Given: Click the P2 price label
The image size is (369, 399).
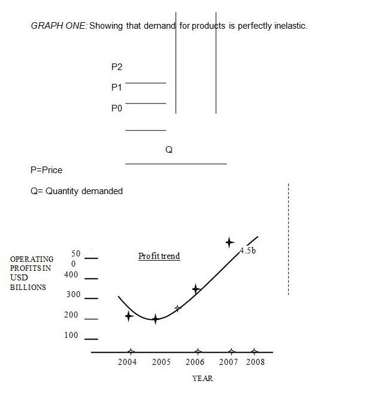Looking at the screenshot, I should (x=117, y=66).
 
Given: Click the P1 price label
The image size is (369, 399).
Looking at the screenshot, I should (x=117, y=87).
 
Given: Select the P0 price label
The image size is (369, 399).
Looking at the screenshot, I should (x=117, y=109).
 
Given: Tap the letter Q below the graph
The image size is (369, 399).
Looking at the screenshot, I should (x=169, y=150).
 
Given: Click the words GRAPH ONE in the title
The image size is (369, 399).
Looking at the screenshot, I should (x=58, y=27).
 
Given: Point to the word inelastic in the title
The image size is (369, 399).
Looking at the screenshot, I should (x=289, y=27).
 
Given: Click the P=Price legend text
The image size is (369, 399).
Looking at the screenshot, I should (x=46, y=170).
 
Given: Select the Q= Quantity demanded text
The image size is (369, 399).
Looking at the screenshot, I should (x=76, y=191).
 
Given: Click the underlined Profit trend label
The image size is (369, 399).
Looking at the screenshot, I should (x=159, y=256).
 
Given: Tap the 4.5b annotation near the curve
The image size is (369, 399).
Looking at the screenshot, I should (x=247, y=250).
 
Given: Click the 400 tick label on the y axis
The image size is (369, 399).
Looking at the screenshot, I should (x=71, y=275).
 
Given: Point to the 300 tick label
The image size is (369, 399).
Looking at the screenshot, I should (x=72, y=295).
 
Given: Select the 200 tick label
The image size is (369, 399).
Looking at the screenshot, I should (x=72, y=315).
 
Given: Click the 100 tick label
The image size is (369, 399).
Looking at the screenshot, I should (x=71, y=335).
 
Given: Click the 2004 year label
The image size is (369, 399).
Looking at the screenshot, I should (x=128, y=362).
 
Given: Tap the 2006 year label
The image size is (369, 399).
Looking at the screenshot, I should (x=195, y=362).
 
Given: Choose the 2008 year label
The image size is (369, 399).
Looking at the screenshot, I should (x=255, y=362).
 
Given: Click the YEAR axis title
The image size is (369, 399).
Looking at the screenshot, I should (x=202, y=379).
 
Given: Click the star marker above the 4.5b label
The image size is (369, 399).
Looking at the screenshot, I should (x=229, y=242).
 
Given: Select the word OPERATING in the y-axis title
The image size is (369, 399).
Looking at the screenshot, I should (x=32, y=259).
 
